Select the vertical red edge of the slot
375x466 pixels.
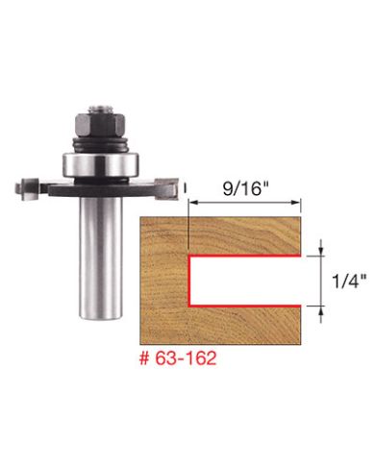point(190,280)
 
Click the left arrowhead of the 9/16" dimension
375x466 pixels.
point(195,203)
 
